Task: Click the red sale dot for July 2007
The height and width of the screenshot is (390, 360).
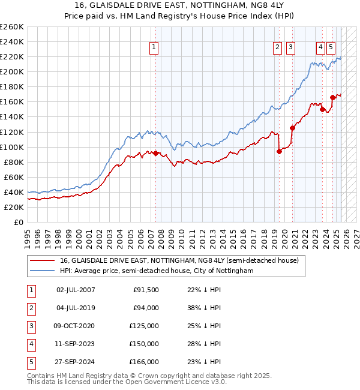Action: [x=155, y=153]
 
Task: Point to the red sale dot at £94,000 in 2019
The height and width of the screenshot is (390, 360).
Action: [x=279, y=151]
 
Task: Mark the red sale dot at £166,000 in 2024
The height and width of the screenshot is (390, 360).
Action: [x=332, y=97]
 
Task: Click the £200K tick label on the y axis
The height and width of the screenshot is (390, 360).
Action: [x=12, y=71]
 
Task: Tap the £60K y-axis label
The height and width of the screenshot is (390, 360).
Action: [x=14, y=177]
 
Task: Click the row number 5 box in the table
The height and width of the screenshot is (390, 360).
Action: [x=30, y=362]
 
